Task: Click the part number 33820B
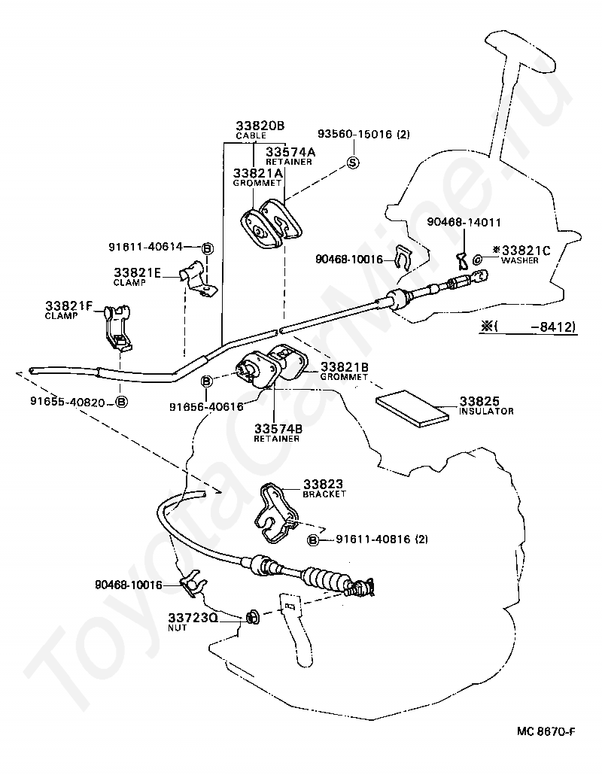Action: [260, 126]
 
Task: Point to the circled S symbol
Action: [353, 163]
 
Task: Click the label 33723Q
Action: [192, 617]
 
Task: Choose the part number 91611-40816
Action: [374, 539]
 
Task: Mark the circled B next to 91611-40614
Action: [208, 248]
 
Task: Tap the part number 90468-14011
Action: [464, 222]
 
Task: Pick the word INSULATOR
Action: [487, 412]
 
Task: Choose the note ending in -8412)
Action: [531, 327]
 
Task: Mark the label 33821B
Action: [345, 366]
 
